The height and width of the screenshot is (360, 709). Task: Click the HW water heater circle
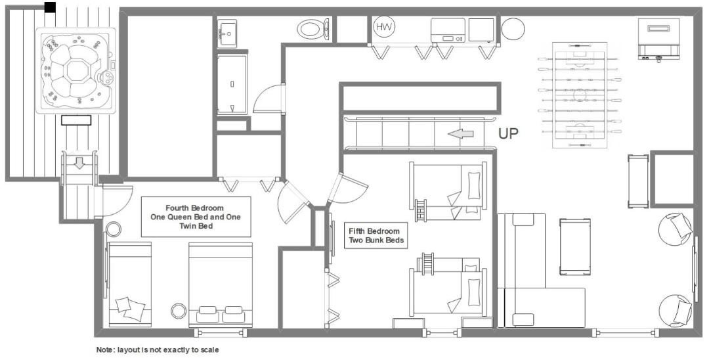pos(384,27)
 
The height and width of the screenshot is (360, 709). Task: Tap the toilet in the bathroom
pos(313,30)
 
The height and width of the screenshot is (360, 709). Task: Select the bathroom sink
pos(227,34)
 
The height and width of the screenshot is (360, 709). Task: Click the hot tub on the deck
pos(76,70)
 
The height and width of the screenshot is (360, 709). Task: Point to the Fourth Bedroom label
pos(196,217)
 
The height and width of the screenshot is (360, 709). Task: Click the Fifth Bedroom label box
pos(375,235)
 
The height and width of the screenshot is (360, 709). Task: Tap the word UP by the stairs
pos(507,134)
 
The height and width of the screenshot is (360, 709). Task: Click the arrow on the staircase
pos(461,134)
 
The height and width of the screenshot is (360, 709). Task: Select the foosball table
pos(580,95)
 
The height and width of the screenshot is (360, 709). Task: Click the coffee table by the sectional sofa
pos(574,247)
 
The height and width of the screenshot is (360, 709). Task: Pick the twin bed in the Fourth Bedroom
pos(129,284)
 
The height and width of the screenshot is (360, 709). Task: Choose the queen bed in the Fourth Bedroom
pos(220,284)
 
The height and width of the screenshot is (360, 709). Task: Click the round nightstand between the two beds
pos(179,311)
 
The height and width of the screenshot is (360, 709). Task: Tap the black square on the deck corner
pos(50,7)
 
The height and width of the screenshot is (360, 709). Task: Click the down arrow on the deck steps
pos(79,163)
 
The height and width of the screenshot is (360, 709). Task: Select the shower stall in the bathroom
pos(232,84)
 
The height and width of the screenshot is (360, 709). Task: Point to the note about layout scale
pos(158,349)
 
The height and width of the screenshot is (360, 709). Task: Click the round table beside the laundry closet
pos(513,29)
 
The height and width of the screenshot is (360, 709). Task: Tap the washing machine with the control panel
pos(448,30)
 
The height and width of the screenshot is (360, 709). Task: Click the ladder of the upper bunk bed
pos(421,211)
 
